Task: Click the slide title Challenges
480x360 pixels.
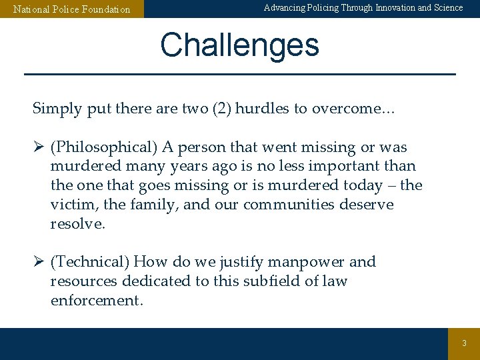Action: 239,45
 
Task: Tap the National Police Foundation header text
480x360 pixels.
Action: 72,9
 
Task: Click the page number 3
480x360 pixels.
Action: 465,343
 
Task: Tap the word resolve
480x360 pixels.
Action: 77,224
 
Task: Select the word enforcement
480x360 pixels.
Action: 97,301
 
